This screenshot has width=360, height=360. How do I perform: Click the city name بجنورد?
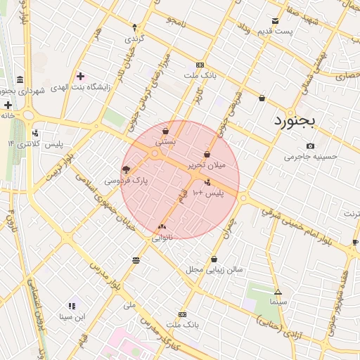296,120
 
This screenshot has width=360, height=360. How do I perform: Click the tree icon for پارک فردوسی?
126,169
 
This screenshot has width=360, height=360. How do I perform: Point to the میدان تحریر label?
207,165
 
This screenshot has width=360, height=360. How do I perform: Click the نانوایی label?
162,238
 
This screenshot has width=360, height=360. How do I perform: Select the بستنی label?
165,142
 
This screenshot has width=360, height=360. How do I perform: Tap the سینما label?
278,302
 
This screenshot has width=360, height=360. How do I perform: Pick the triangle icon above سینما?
278,292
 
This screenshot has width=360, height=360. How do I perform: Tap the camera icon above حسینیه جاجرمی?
310,146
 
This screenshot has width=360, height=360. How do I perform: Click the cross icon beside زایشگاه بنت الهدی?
80,76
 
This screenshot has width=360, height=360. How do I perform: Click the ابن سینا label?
71,316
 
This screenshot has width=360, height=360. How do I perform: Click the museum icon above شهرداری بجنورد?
19,79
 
